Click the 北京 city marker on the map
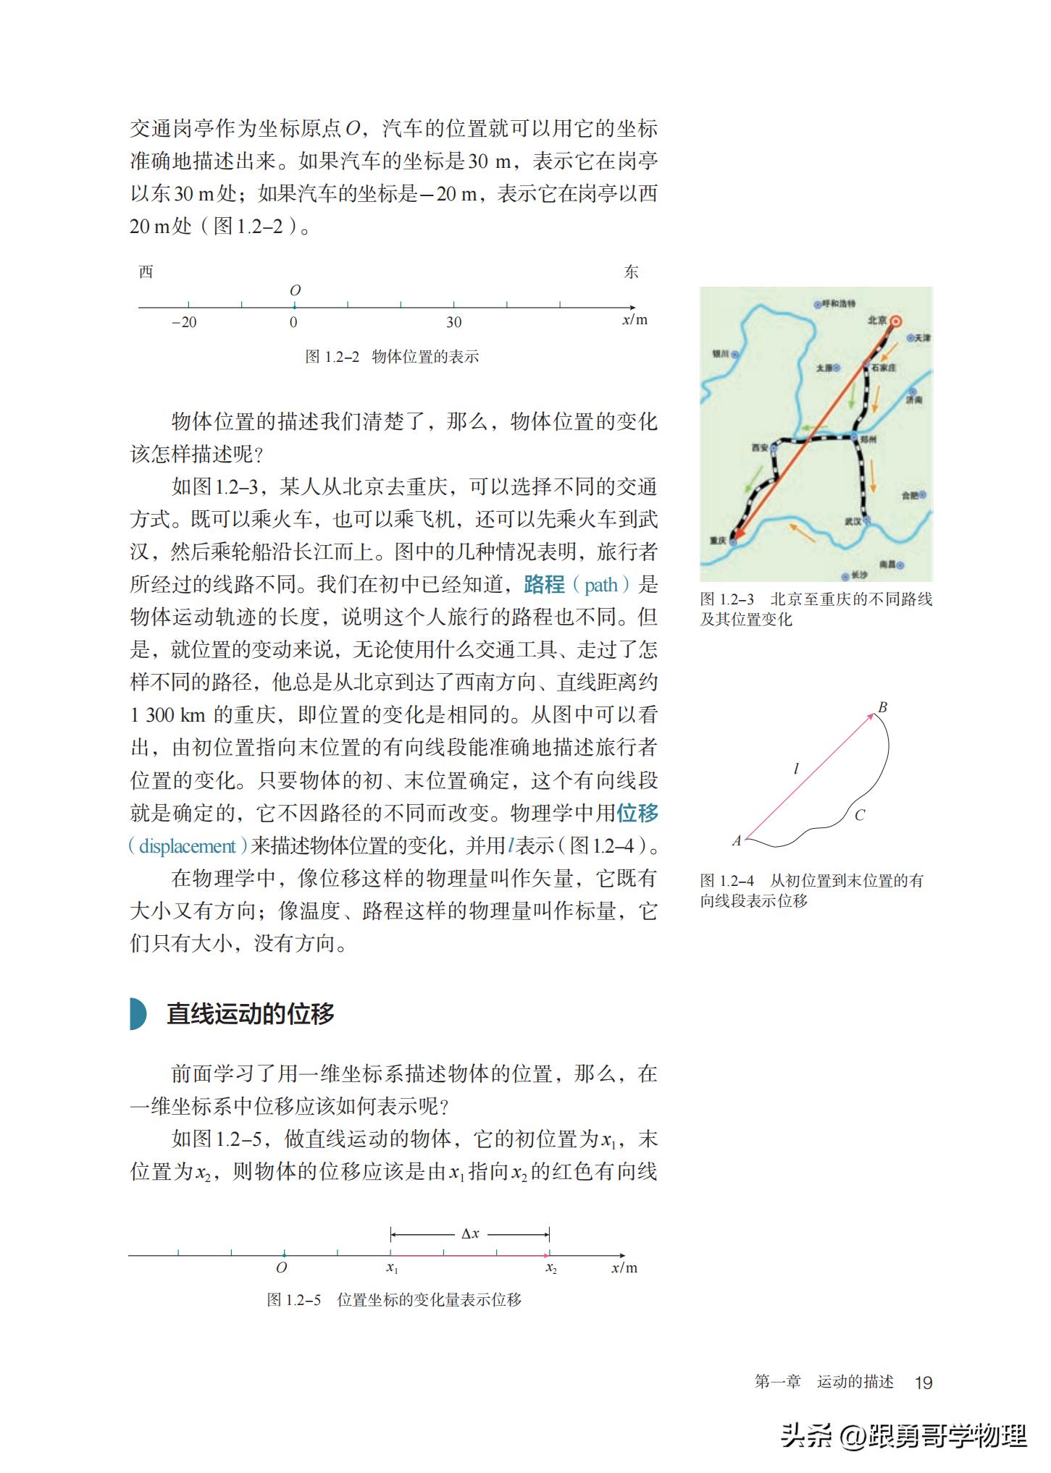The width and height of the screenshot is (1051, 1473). pyautogui.click(x=896, y=321)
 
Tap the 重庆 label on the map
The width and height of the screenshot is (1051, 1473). pyautogui.click(x=718, y=540)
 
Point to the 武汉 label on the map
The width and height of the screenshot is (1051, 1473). pyautogui.click(x=853, y=521)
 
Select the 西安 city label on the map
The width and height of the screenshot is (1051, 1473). pyautogui.click(x=759, y=448)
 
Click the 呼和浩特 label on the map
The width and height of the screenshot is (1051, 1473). pyautogui.click(x=839, y=304)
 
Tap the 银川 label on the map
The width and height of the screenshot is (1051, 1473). pyautogui.click(x=721, y=355)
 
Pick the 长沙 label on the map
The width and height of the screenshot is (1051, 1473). pyautogui.click(x=859, y=575)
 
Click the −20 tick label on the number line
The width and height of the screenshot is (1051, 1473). pyautogui.click(x=184, y=323)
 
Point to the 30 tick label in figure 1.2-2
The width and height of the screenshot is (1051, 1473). pyautogui.click(x=453, y=323)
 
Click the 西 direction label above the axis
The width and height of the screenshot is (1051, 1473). pyautogui.click(x=146, y=272)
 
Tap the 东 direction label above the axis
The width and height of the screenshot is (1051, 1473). pyautogui.click(x=632, y=272)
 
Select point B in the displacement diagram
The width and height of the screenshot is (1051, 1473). pyautogui.click(x=882, y=707)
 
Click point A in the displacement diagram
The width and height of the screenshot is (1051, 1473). pyautogui.click(x=737, y=841)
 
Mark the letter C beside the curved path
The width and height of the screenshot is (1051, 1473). pyautogui.click(x=860, y=815)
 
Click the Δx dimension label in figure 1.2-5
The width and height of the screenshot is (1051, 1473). pyautogui.click(x=470, y=1233)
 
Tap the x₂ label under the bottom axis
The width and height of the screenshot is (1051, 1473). pyautogui.click(x=551, y=1268)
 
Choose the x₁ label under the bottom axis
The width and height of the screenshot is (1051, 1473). pyautogui.click(x=392, y=1268)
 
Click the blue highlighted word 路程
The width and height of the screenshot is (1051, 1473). pyautogui.click(x=544, y=584)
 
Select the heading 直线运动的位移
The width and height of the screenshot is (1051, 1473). pyautogui.click(x=251, y=1013)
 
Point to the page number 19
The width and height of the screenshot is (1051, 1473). pyautogui.click(x=924, y=1383)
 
